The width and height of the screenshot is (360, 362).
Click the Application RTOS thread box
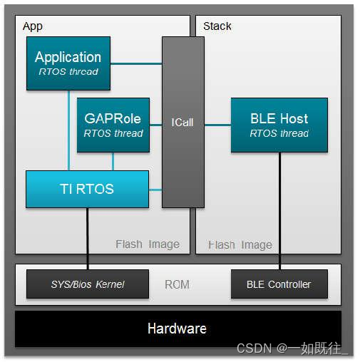coord(68,63)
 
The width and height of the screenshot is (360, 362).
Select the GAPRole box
coord(113,125)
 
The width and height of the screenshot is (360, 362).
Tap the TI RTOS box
coord(87,190)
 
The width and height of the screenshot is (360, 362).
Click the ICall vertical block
coord(182,122)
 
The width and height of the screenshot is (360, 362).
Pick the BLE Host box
coord(279,125)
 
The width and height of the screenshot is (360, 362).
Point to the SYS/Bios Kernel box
coord(87,284)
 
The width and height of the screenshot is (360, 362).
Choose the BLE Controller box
coord(279,284)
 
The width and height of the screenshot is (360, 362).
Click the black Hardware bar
coord(178,329)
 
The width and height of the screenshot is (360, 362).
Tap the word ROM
coord(177,284)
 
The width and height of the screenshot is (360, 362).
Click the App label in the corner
coord(33,26)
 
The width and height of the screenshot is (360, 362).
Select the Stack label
coord(217,26)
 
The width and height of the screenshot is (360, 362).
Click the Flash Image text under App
coord(148,244)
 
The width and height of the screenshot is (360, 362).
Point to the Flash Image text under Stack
coord(240,245)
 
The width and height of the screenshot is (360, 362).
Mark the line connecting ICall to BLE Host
coord(217,125)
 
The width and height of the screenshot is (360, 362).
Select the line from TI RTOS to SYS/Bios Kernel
coord(88,239)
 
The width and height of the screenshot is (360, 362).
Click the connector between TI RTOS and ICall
coord(155,190)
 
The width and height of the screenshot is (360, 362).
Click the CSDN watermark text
coord(292,349)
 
